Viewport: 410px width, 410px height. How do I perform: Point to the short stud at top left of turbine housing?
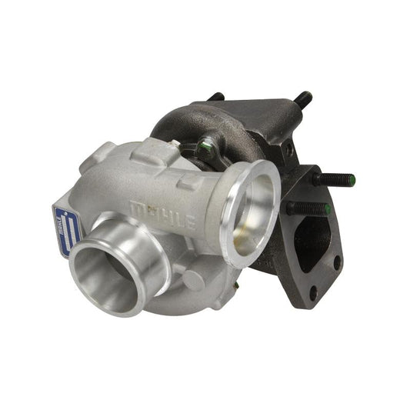click(x=218, y=98)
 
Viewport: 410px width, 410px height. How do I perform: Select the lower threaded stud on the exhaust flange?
click(x=308, y=208)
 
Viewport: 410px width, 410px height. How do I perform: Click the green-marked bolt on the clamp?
click(x=206, y=145)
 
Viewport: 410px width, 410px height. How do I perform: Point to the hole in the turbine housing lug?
click(x=291, y=151)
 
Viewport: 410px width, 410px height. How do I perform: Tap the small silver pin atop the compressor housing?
click(x=175, y=143)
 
